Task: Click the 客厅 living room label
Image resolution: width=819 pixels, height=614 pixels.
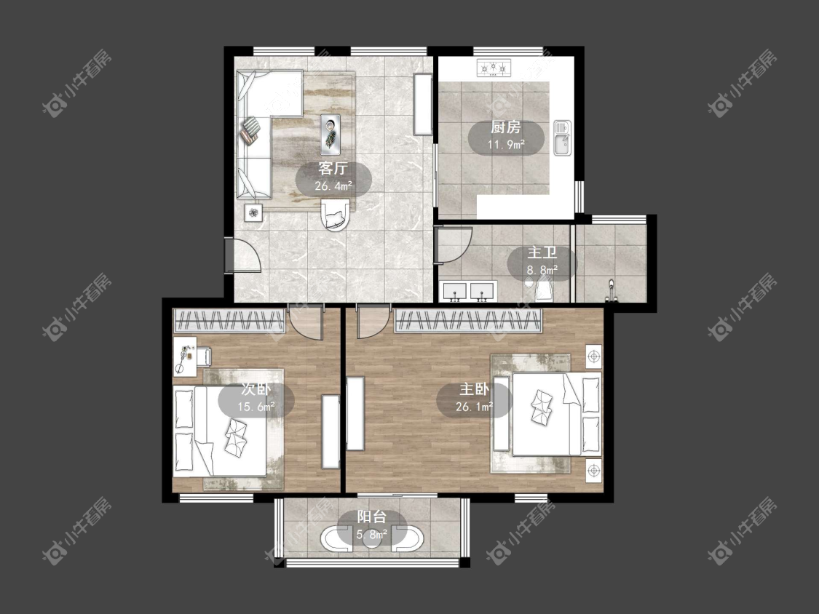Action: (333, 169)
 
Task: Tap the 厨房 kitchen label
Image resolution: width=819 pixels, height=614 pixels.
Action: (506, 127)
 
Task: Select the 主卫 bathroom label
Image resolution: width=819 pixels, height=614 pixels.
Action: (542, 252)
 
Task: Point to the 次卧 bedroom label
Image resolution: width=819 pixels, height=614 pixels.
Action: (256, 389)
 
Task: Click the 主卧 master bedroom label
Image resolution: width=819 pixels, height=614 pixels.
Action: (474, 389)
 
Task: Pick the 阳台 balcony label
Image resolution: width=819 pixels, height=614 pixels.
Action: (372, 517)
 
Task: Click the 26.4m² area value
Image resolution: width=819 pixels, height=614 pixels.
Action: (333, 186)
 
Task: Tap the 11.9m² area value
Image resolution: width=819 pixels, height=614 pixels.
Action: (506, 145)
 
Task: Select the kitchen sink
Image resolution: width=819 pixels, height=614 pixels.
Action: (563, 137)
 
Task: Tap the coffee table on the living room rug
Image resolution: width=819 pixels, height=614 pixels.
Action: (330, 134)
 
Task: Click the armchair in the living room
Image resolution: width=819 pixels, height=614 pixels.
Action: (335, 214)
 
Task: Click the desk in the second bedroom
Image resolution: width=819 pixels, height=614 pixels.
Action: (185, 356)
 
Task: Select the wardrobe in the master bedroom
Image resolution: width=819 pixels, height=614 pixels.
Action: (468, 321)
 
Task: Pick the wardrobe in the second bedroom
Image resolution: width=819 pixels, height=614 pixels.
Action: (229, 321)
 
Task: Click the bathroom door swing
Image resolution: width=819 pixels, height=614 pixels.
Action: (454, 243)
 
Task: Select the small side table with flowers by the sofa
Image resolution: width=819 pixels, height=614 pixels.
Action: (253, 212)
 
